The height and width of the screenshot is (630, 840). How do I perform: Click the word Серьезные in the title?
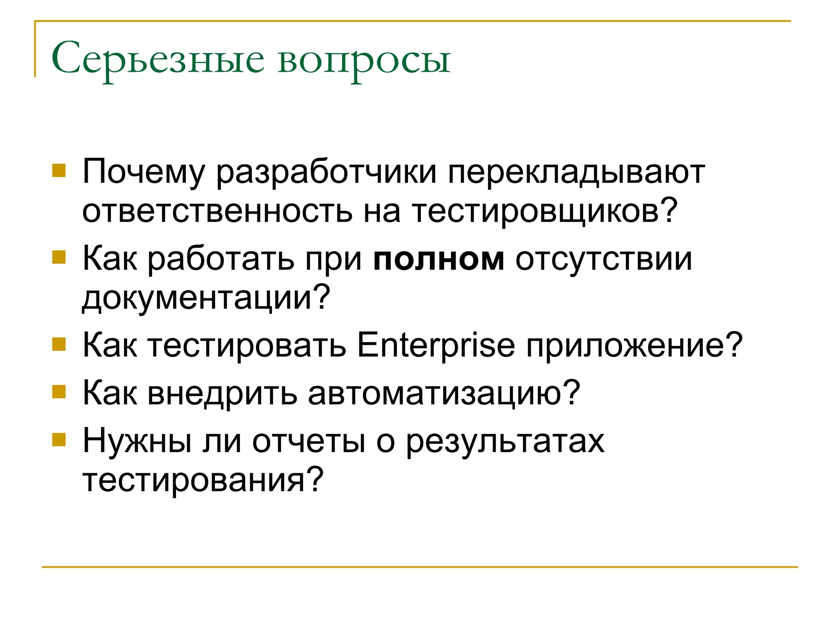click(x=158, y=60)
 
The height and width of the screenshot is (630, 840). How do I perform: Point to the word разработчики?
click(x=326, y=172)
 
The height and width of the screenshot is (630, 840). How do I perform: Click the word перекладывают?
click(x=576, y=172)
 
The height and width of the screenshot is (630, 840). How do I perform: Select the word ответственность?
click(x=217, y=211)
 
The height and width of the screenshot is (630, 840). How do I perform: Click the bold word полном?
click(x=438, y=260)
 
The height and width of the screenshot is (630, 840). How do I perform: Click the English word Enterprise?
click(x=436, y=345)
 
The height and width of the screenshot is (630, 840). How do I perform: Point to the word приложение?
click(x=634, y=346)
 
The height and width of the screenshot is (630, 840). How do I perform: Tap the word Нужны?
click(x=137, y=441)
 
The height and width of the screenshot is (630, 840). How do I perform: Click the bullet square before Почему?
click(x=59, y=170)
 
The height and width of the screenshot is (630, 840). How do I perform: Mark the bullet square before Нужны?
click(x=59, y=440)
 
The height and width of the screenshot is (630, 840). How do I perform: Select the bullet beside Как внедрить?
click(x=59, y=392)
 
